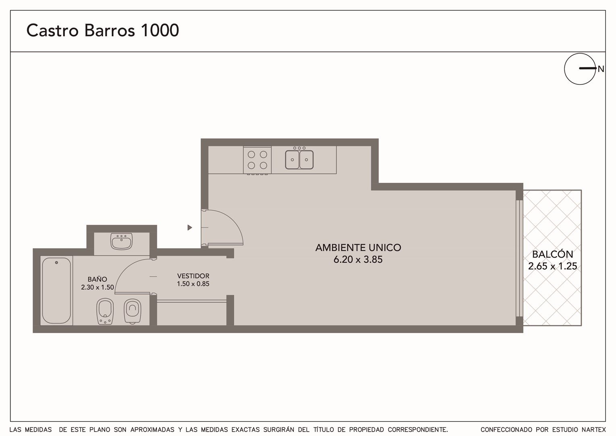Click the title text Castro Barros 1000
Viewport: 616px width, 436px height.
[102, 30]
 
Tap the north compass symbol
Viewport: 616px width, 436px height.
[580, 69]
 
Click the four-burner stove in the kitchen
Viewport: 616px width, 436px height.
[257, 160]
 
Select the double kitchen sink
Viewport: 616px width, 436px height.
[299, 159]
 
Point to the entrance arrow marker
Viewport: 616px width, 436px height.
[189, 228]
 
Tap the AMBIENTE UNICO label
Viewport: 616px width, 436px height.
[358, 247]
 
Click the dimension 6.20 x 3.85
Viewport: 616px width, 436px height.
[358, 260]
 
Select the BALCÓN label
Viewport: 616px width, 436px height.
[552, 254]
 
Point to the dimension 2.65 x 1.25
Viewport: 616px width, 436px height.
[552, 266]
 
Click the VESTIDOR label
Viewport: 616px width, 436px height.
[193, 276]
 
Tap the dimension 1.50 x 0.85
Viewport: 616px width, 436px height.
[193, 284]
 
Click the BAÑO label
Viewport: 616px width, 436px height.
[97, 279]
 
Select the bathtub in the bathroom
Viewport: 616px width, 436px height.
[56, 291]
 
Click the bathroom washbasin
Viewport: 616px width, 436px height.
[121, 241]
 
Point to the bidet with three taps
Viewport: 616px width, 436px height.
[105, 311]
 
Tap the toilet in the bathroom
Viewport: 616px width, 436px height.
[133, 311]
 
